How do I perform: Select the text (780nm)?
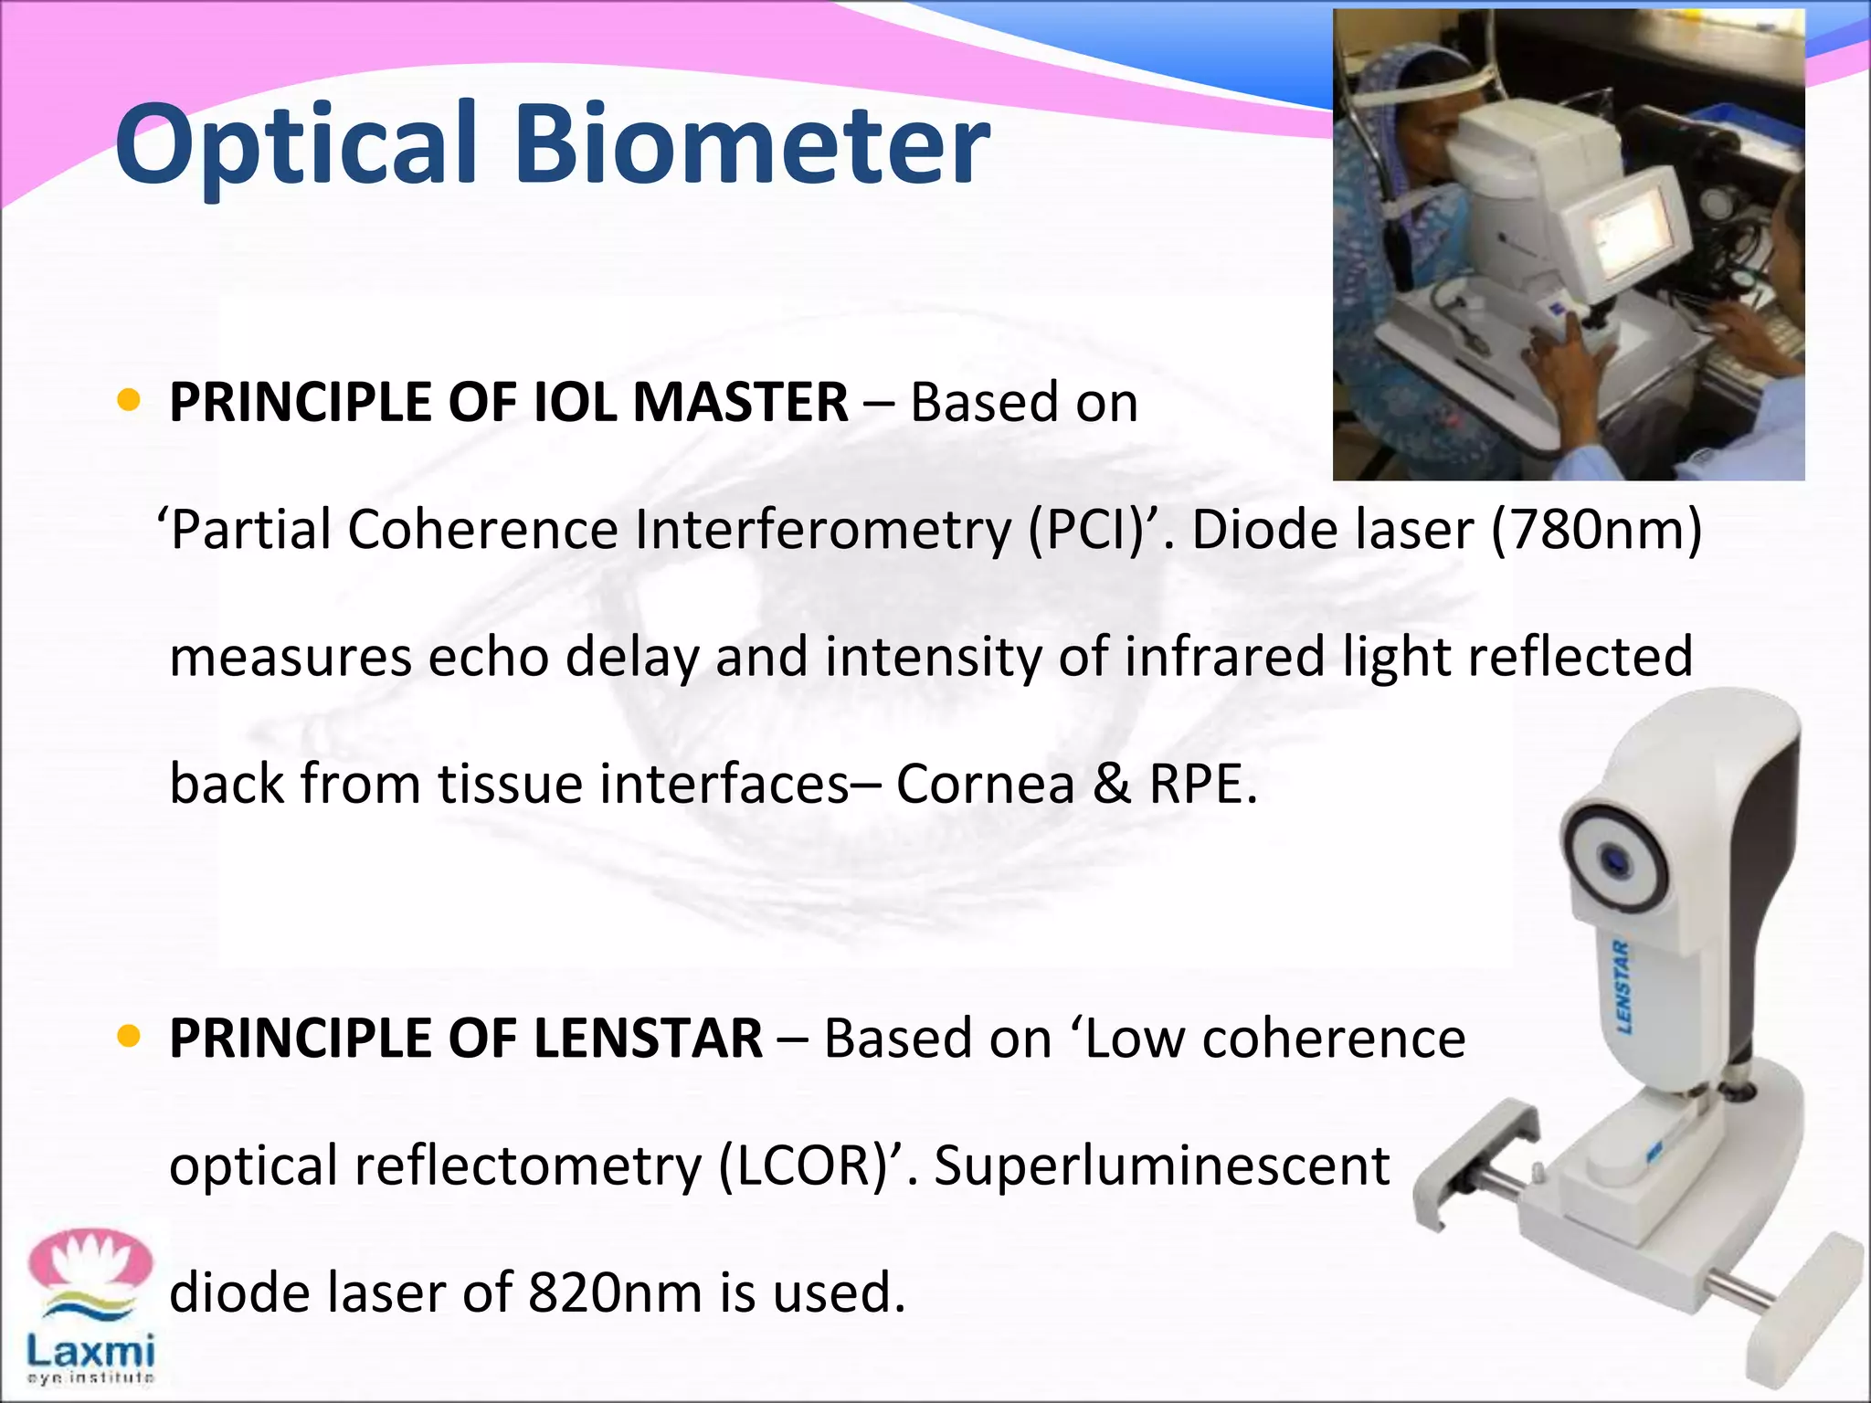click(x=1596, y=529)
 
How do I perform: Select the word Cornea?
click(x=985, y=784)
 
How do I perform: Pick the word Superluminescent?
click(x=1161, y=1166)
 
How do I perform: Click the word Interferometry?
click(x=822, y=529)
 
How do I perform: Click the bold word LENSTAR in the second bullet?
click(x=648, y=1039)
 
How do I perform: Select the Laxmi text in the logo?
click(x=90, y=1350)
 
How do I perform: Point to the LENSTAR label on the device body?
click(x=1623, y=986)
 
